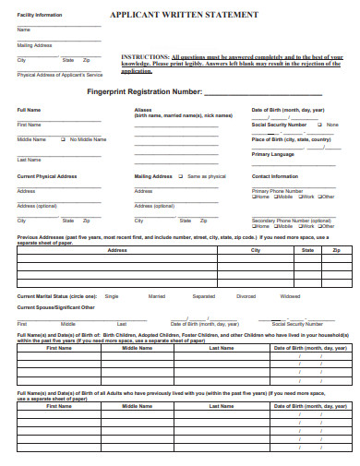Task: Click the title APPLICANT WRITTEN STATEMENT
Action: (x=185, y=16)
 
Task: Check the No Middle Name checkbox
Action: (x=63, y=139)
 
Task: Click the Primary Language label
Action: (x=272, y=154)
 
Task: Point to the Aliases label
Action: (x=143, y=110)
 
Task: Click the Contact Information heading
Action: (x=275, y=175)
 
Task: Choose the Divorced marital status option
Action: (x=246, y=296)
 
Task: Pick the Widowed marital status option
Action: (x=290, y=296)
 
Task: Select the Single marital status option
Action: (x=112, y=296)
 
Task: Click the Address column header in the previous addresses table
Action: (x=117, y=251)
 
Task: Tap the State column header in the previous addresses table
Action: (x=307, y=251)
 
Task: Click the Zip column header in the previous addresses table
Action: (x=336, y=251)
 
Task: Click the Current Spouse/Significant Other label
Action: (x=55, y=306)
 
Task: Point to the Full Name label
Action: (x=29, y=110)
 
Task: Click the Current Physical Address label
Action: (x=45, y=175)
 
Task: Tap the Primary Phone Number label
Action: (x=277, y=190)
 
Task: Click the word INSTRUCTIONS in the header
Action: (x=145, y=56)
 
